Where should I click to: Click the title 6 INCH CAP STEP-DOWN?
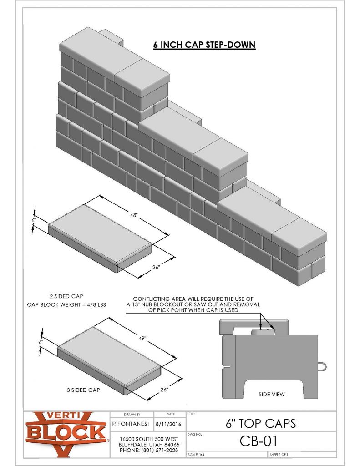pyautogui.click(x=204, y=45)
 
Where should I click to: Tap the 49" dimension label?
pyautogui.click(x=142, y=338)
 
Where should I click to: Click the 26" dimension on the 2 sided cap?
pyautogui.click(x=156, y=268)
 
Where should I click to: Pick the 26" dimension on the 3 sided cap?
pyautogui.click(x=164, y=390)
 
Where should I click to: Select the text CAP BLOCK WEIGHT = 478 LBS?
pyautogui.click(x=66, y=304)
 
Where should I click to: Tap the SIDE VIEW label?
pyautogui.click(x=271, y=394)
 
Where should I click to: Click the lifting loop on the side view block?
pyautogui.click(x=321, y=365)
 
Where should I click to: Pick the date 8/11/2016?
pyautogui.click(x=169, y=423)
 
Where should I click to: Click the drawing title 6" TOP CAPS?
pyautogui.click(x=260, y=423)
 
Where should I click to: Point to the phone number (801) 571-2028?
pyautogui.click(x=148, y=450)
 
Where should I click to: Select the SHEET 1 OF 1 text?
pyautogui.click(x=279, y=455)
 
